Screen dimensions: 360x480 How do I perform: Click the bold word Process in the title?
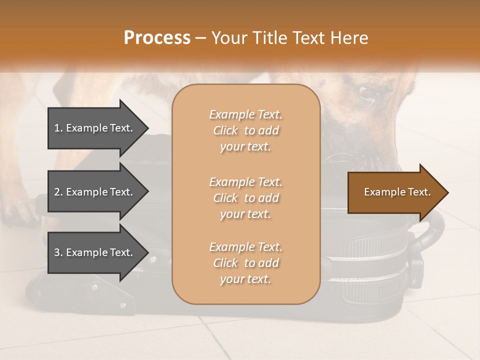(x=157, y=38)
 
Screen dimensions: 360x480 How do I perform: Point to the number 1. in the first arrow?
(x=58, y=128)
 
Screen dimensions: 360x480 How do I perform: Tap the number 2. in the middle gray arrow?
(x=58, y=192)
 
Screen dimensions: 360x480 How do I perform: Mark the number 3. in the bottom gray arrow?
(x=58, y=252)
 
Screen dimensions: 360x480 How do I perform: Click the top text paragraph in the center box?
(x=245, y=130)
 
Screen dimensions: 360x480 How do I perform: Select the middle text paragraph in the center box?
(x=245, y=198)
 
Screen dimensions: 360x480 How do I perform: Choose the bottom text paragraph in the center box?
(x=245, y=263)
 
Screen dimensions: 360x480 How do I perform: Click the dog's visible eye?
(x=367, y=93)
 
